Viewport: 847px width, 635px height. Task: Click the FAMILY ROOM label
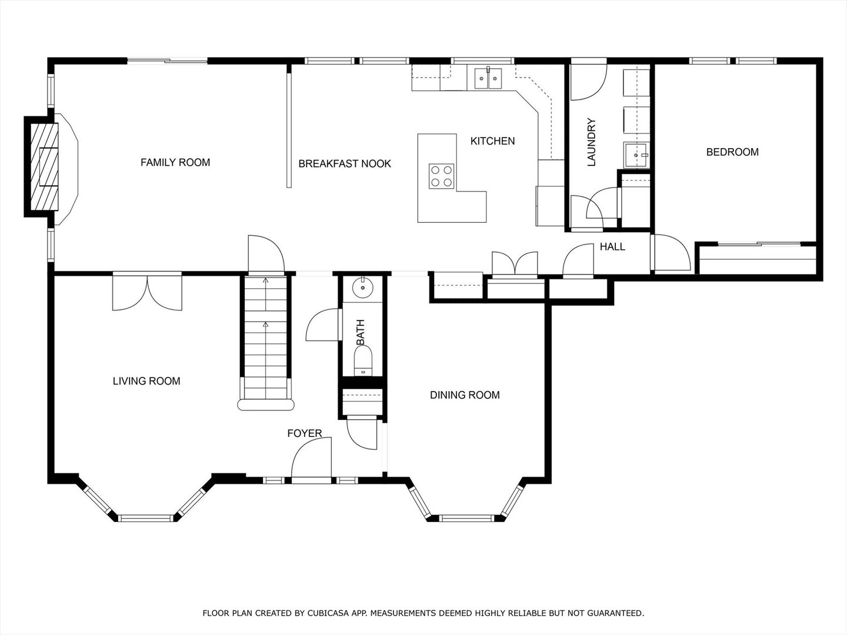pos(175,162)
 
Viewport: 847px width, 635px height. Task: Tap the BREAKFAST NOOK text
pos(345,164)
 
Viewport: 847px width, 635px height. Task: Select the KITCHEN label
pos(492,141)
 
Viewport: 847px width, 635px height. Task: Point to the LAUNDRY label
pos(591,142)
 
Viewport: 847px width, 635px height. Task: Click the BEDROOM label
pos(732,152)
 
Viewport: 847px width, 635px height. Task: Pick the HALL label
pos(612,247)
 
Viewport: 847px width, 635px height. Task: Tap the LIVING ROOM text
pos(146,381)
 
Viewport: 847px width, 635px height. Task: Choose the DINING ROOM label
pos(465,395)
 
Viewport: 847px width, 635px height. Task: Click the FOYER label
pos(305,433)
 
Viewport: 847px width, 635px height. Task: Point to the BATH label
pos(360,332)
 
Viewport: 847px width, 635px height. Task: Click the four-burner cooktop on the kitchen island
pos(442,176)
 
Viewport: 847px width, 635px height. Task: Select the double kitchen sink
pos(488,78)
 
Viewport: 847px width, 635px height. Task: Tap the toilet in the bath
pos(363,360)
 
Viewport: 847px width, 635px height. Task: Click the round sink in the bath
pos(363,288)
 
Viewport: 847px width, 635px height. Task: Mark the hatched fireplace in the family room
pos(44,166)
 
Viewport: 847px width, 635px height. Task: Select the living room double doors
pos(147,292)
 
